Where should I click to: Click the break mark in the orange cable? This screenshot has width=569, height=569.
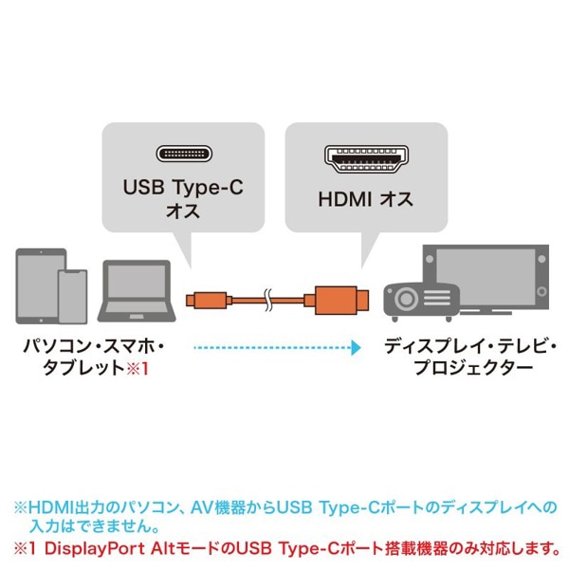click(x=268, y=300)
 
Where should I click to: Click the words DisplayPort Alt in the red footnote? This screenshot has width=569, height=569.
click(x=110, y=547)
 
